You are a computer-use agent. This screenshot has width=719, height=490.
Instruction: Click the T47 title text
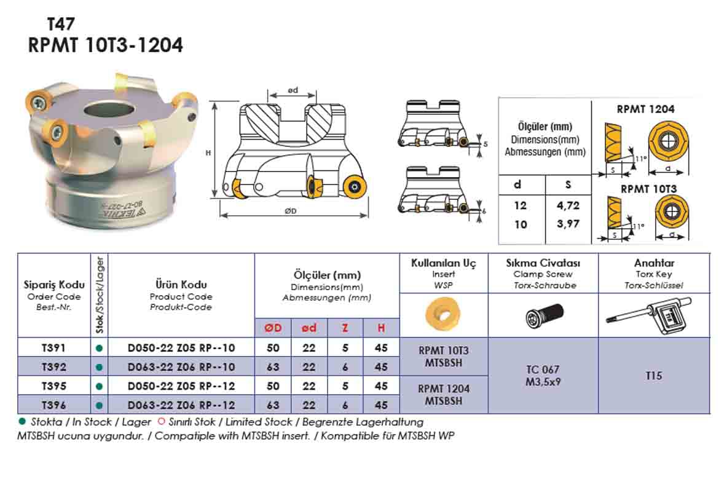click(x=61, y=24)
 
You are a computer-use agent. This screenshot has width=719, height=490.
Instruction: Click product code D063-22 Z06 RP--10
click(x=181, y=367)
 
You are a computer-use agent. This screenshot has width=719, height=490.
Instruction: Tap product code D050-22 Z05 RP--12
click(x=181, y=386)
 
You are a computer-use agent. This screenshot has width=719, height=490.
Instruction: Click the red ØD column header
click(x=273, y=328)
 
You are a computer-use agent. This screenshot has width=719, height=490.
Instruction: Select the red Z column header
click(x=345, y=328)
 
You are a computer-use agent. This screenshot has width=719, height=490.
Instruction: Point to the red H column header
click(x=381, y=328)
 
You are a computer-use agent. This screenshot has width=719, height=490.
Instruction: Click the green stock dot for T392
click(x=99, y=367)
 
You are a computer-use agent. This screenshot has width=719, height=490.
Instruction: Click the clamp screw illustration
click(x=543, y=316)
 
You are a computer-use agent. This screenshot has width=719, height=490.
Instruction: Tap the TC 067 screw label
click(x=543, y=369)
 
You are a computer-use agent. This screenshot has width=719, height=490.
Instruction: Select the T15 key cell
click(x=654, y=375)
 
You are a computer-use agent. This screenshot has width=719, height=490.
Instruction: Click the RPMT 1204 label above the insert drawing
click(x=645, y=109)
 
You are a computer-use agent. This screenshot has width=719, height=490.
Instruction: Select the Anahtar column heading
click(x=654, y=263)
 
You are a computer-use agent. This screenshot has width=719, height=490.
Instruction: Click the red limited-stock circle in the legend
click(x=162, y=422)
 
